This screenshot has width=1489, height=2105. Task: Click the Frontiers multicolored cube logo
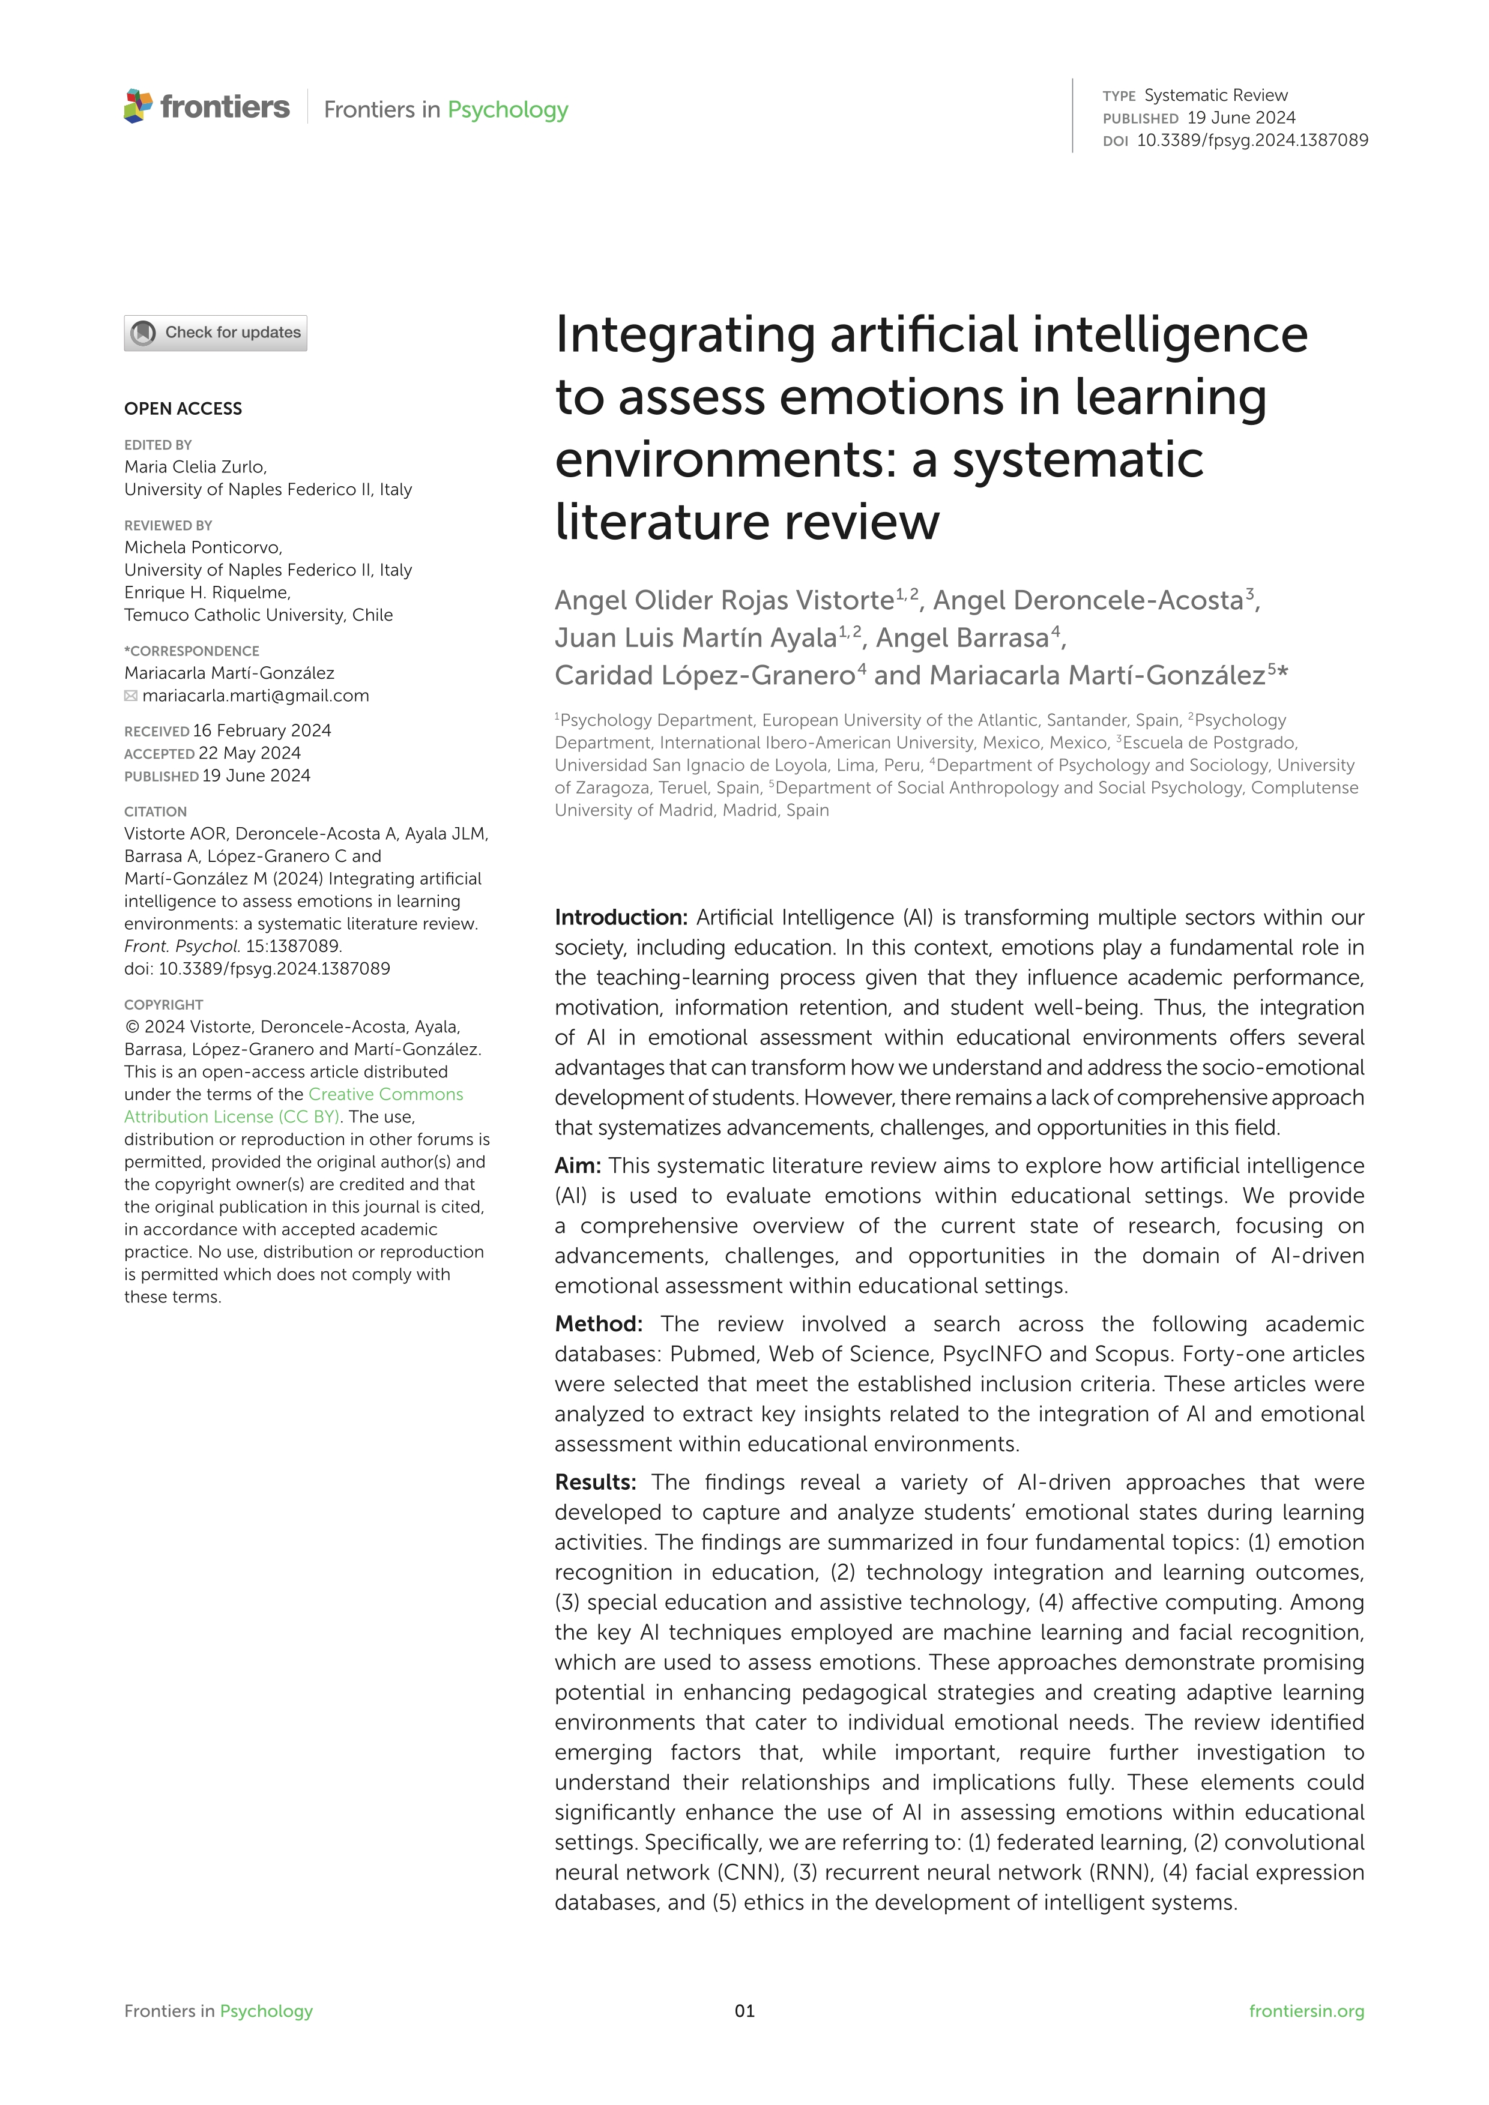click(x=137, y=106)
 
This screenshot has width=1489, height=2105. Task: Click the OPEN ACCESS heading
click(x=183, y=409)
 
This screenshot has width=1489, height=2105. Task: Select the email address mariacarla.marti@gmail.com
click(x=256, y=696)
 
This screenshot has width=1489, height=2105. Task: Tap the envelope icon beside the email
click(x=131, y=696)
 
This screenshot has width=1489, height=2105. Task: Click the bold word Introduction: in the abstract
click(x=621, y=918)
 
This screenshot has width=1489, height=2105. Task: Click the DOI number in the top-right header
click(x=1251, y=140)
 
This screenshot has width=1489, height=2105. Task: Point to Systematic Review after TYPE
click(x=1216, y=95)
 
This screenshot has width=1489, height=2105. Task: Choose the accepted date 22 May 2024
click(x=249, y=754)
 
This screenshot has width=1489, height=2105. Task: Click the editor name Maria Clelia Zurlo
click(x=195, y=466)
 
